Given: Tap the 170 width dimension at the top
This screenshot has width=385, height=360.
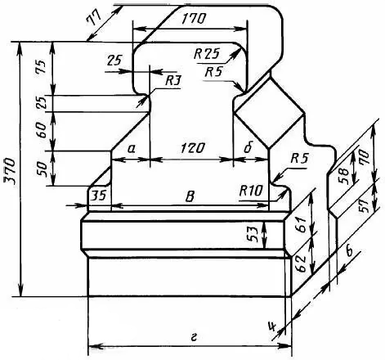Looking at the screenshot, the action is pos(194,19).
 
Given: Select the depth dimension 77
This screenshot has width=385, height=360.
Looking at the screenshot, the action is pos(93,18).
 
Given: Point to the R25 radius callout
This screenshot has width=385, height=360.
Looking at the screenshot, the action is pos(206,54).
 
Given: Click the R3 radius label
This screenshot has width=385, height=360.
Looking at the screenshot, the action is pos(173,81).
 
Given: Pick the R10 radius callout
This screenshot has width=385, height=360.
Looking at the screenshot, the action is pos(251,191).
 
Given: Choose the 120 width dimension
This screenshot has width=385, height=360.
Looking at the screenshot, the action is pos(192,148).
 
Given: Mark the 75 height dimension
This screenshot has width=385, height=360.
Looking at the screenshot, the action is pos(40,67).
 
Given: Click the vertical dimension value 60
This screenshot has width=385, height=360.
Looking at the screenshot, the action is pos(40,130).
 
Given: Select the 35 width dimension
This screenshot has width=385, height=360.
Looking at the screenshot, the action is pos(98,196).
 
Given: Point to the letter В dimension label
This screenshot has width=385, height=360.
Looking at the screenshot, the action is pos(190,196).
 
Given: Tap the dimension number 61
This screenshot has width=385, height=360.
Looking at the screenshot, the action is pos(300,225).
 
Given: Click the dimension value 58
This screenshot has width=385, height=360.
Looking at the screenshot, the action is pos(343,176).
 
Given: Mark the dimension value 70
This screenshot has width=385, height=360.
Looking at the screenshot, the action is pos(365,156).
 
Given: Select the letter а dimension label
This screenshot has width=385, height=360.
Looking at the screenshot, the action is pos(132,149).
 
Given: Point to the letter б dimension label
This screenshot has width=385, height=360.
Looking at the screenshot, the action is pos(248,148).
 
